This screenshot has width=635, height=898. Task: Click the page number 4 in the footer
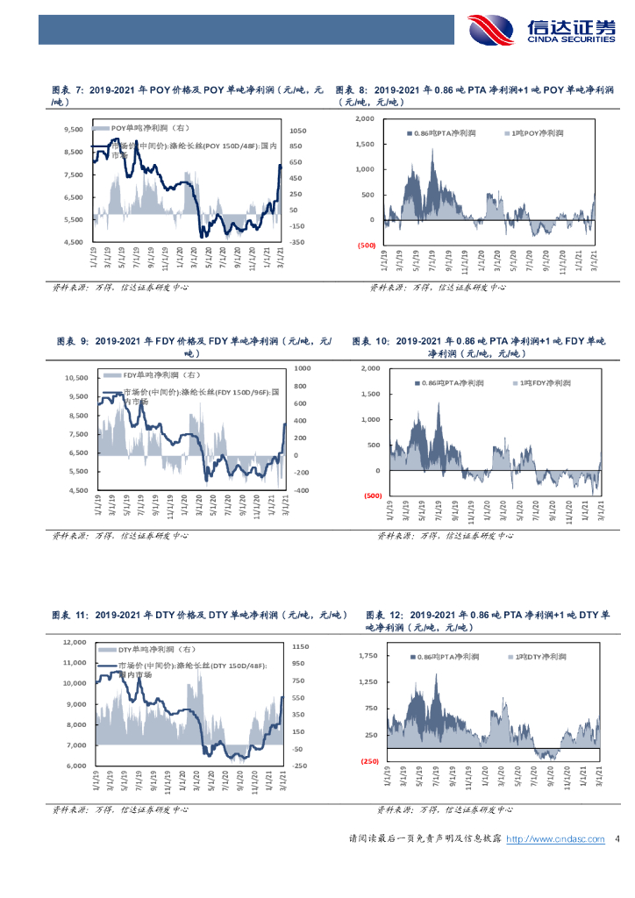click(x=617, y=839)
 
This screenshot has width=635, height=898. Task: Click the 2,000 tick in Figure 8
click(x=365, y=118)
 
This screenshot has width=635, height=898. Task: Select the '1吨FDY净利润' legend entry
click(x=545, y=384)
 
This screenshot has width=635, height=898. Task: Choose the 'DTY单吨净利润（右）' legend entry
click(x=149, y=650)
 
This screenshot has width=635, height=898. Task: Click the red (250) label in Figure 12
click(x=368, y=761)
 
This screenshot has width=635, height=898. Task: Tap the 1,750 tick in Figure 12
click(x=366, y=656)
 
